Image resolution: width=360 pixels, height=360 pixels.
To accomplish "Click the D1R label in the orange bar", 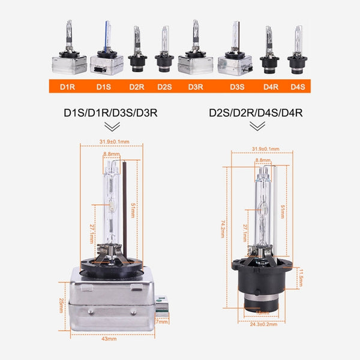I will tap(67, 86).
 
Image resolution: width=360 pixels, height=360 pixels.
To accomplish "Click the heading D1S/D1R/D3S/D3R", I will tap(112, 112).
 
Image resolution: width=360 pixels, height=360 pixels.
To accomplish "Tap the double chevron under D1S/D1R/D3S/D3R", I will tap(112, 127).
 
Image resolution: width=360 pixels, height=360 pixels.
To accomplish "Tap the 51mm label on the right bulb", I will tap(283, 211).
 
